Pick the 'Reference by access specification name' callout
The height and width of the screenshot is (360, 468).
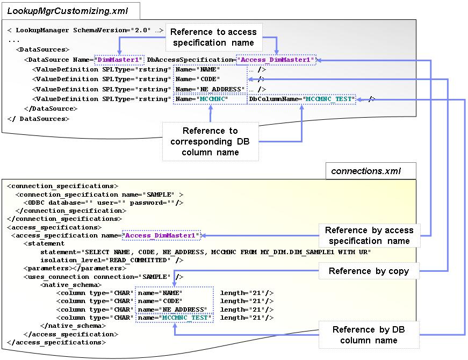(x=369, y=235)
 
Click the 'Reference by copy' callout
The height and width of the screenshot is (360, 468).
(x=369, y=271)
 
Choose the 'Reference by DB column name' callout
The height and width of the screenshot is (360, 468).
(x=369, y=335)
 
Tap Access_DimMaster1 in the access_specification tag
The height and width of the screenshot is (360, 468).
(x=162, y=235)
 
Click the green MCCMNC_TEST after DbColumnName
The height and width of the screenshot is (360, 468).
(x=328, y=99)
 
